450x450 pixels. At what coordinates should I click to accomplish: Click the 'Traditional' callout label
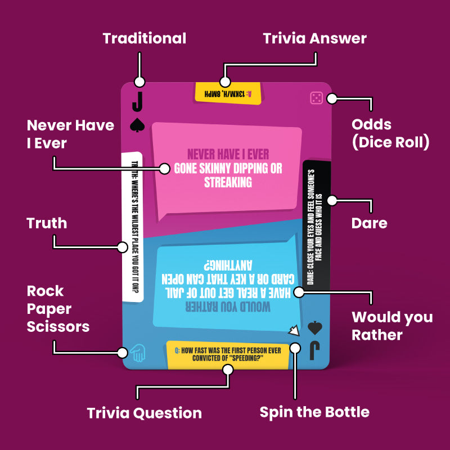(144, 39)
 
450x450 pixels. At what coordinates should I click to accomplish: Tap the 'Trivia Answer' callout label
(315, 39)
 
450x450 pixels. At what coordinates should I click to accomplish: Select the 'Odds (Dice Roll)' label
(390, 133)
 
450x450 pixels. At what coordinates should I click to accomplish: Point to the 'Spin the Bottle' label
(314, 412)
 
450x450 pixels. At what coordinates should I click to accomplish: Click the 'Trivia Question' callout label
(144, 413)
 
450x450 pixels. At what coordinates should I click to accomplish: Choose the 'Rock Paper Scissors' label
(58, 309)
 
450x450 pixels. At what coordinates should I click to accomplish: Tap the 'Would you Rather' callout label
(392, 326)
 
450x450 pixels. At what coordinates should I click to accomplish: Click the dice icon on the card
(316, 98)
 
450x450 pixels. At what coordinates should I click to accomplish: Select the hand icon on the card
(137, 353)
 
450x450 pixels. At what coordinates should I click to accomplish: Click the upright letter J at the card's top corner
(137, 102)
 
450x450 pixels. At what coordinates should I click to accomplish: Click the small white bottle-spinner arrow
(293, 331)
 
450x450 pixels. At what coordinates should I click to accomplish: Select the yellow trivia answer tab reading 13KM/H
(228, 93)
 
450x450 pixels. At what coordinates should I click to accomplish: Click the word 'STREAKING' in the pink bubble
(228, 182)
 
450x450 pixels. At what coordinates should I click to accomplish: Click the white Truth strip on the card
(133, 225)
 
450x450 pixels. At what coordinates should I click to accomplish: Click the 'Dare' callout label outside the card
(369, 223)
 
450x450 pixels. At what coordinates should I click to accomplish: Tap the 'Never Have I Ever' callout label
(70, 134)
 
